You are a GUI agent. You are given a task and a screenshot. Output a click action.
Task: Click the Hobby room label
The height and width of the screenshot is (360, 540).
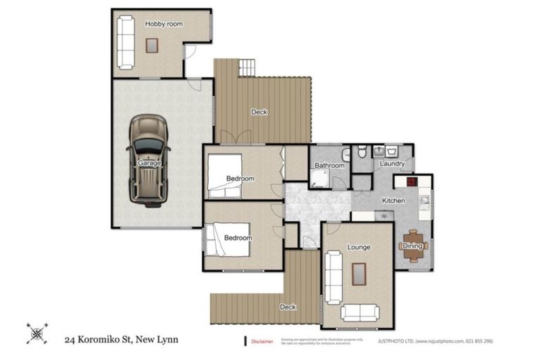click(164, 24)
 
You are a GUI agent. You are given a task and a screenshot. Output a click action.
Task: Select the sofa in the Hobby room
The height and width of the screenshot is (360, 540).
click(126, 41)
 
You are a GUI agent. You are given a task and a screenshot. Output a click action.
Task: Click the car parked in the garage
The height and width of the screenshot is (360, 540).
click(148, 160)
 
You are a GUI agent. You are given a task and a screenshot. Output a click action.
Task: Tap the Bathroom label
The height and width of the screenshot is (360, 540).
click(329, 166)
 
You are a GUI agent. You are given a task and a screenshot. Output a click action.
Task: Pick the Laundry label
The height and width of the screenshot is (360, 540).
click(392, 164)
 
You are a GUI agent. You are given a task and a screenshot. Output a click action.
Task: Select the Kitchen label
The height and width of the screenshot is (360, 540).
click(393, 201)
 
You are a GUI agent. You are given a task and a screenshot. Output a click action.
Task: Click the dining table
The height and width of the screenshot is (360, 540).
click(413, 246)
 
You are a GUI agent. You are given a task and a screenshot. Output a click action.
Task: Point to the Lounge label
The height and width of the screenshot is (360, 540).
click(359, 247)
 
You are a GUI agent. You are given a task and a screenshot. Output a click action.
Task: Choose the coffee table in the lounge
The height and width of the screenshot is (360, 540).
click(359, 274)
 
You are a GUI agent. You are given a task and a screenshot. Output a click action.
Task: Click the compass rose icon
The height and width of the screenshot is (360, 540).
click(37, 333)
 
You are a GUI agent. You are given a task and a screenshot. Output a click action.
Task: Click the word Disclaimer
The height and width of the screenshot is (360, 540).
click(262, 342)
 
